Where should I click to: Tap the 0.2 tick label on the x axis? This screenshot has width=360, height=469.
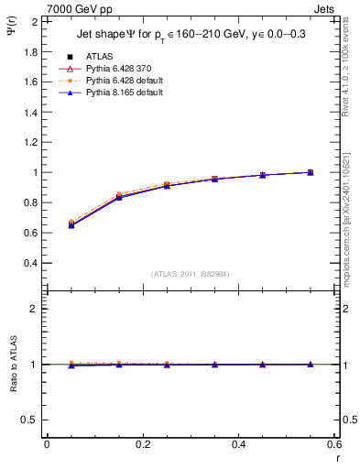pos(142,444)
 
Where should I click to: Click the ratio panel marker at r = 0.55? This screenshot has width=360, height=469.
pos(311,365)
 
